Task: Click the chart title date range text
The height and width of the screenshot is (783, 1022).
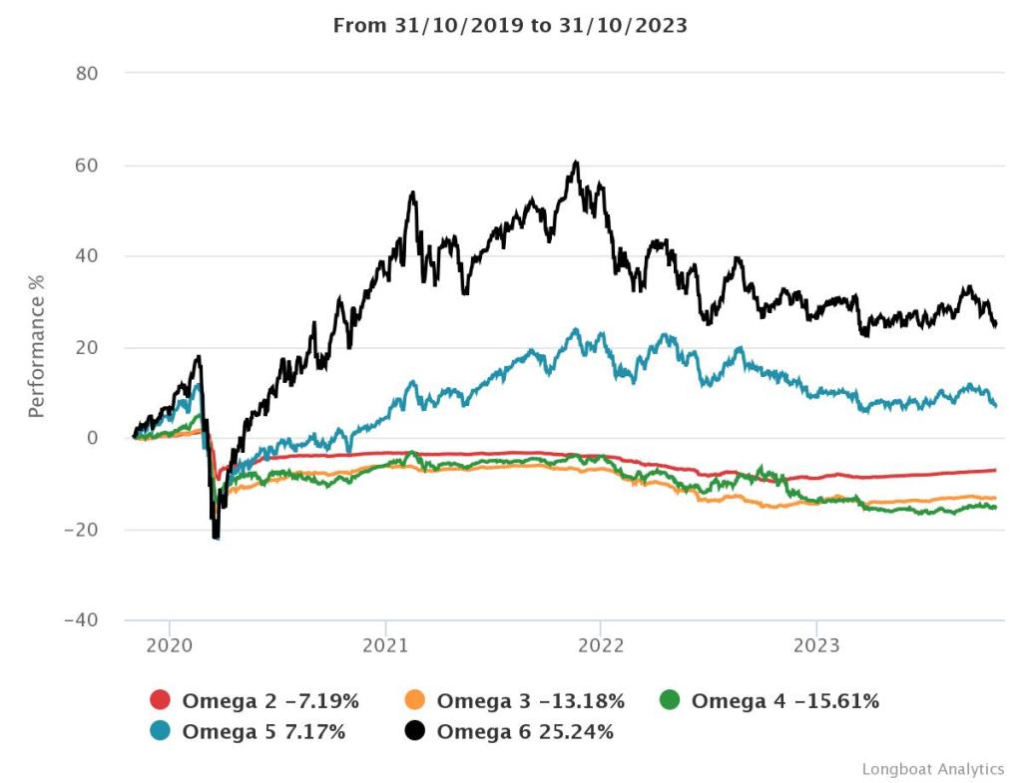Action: click(510, 26)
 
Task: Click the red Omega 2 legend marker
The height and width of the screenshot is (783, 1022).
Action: click(160, 701)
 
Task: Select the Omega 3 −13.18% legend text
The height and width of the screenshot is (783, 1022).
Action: click(530, 701)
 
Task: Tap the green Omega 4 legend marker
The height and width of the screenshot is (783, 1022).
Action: click(670, 701)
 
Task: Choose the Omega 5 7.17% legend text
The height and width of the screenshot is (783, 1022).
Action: click(263, 732)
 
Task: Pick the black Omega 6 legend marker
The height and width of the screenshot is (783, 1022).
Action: click(415, 732)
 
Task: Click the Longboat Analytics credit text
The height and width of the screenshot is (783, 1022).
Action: click(933, 769)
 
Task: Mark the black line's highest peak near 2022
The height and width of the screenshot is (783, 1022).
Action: click(576, 162)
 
